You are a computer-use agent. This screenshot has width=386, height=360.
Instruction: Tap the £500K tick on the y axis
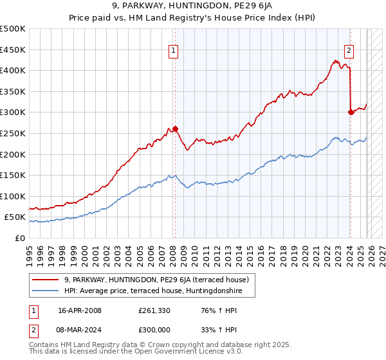(x=13, y=29)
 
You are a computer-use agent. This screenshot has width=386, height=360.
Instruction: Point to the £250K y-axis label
(x=13, y=133)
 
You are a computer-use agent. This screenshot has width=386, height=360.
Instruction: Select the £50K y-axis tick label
(x=15, y=217)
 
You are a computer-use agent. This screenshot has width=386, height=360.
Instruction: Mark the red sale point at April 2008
(x=175, y=129)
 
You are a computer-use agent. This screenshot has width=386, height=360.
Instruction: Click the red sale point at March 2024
(x=351, y=112)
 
